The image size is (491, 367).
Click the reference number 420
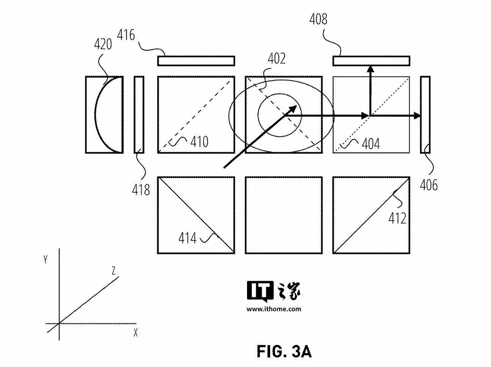pos(103,44)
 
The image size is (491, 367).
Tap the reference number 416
pos(126,35)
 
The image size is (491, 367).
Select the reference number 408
pos(318,19)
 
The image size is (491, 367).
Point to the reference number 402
pos(277,59)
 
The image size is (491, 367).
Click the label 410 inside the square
pos(199,142)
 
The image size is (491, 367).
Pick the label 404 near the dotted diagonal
pos(371,144)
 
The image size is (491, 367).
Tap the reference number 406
pos(428,185)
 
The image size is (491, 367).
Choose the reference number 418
pos(141,190)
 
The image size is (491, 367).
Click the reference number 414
pos(187,238)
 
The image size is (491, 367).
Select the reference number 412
pos(397,218)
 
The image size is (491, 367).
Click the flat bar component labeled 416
pos(196,61)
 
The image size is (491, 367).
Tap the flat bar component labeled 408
pos(371,61)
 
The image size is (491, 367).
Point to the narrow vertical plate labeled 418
pos(139,115)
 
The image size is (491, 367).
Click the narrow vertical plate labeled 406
pos(425,115)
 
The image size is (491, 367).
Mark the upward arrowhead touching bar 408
pos(371,69)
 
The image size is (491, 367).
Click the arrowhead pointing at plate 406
pos(417,116)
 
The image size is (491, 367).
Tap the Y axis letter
pos(45,260)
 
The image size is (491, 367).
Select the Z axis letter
pos(113,271)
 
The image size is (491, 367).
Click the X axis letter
pos(135,333)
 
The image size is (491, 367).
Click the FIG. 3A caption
pos(284,351)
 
